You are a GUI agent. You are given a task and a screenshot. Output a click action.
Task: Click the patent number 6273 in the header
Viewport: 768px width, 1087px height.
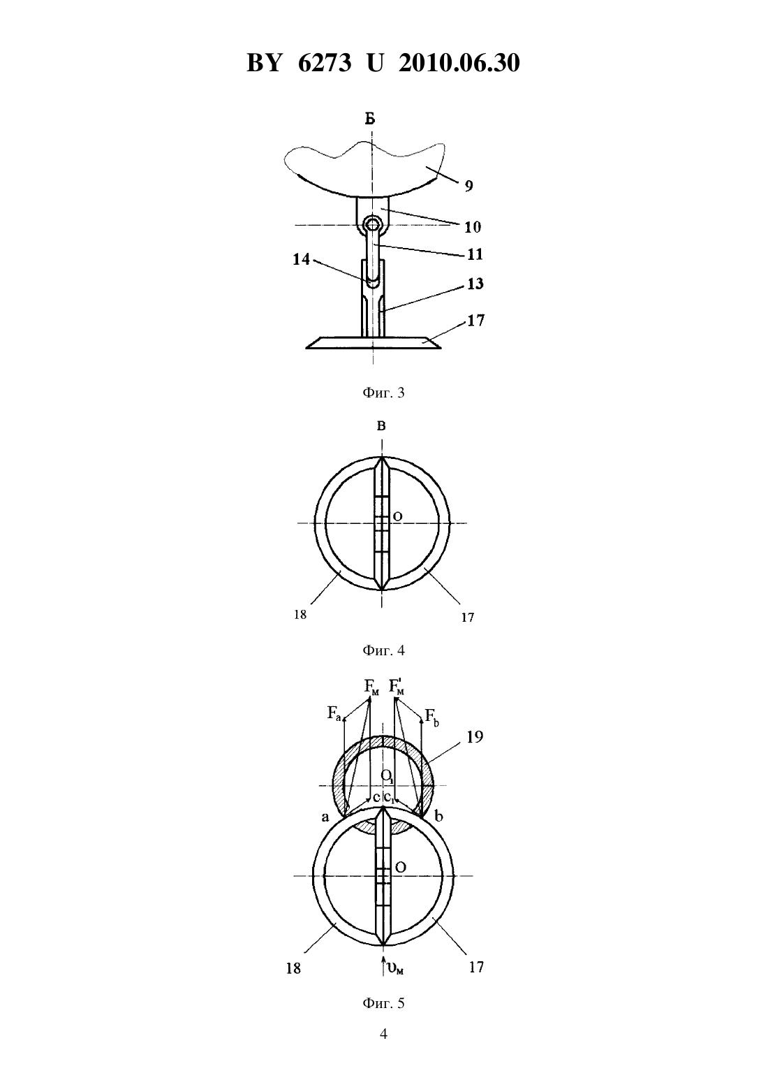(x=325, y=63)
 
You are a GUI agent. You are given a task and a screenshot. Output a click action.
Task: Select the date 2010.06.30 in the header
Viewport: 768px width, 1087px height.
(x=459, y=63)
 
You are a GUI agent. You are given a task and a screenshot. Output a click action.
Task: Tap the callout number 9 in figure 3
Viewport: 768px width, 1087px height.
(x=468, y=186)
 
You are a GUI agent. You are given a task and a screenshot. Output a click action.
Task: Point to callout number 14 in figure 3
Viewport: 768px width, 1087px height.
(x=301, y=260)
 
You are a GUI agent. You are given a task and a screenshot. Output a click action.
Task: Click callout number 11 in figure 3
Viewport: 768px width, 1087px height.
(x=475, y=254)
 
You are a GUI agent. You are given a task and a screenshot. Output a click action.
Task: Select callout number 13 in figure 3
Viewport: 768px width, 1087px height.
(x=475, y=284)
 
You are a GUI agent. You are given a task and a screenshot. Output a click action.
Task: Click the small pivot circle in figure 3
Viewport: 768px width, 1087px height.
(x=373, y=225)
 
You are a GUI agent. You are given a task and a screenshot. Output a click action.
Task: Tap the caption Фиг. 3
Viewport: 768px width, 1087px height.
(x=383, y=393)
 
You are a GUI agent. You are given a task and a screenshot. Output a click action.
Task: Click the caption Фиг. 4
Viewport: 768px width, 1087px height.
(x=383, y=650)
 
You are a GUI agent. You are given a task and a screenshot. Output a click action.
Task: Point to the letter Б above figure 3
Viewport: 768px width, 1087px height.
(x=371, y=119)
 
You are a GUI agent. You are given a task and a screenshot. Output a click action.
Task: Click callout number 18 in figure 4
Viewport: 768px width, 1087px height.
(x=300, y=614)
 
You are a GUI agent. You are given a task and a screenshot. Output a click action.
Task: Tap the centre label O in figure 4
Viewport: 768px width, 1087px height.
(x=397, y=517)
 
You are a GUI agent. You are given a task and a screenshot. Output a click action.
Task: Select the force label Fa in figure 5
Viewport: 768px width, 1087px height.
(x=335, y=713)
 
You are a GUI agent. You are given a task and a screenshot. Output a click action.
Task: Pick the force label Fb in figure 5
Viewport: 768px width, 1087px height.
(x=432, y=716)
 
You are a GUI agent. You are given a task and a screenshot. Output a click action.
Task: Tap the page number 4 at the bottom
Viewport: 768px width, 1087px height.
(x=383, y=1034)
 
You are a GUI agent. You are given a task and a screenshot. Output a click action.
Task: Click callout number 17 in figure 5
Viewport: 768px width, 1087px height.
(x=476, y=967)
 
